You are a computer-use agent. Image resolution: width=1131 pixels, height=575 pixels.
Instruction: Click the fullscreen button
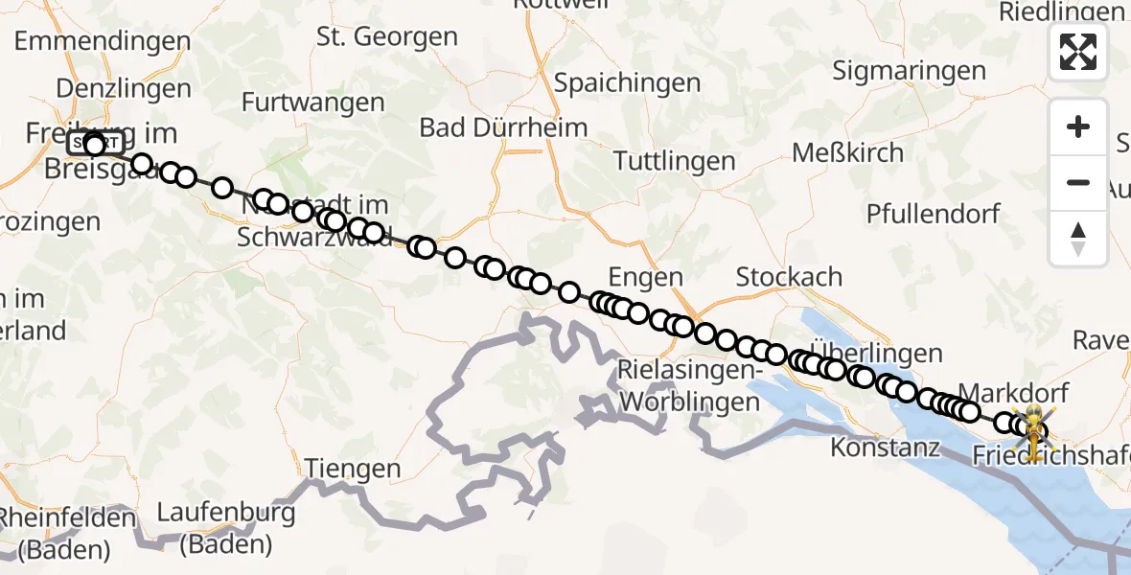(1078, 51)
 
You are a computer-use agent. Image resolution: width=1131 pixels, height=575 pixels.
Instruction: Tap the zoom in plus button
(1078, 126)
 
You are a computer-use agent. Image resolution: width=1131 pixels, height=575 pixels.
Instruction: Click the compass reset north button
(1078, 239)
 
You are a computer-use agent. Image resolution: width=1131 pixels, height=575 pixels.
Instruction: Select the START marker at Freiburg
(93, 145)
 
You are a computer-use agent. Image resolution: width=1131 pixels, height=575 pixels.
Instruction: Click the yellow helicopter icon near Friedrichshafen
(1035, 427)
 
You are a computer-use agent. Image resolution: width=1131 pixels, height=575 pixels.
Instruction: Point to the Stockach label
(789, 278)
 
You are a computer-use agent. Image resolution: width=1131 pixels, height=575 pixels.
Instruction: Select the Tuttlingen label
(675, 161)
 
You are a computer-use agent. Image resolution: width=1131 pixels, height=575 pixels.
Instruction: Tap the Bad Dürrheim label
(503, 127)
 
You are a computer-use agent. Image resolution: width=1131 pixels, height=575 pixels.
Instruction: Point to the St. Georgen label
(387, 37)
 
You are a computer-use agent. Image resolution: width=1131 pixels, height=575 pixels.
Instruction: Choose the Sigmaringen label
(909, 71)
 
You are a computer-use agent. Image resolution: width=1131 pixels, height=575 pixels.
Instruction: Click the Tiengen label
(353, 469)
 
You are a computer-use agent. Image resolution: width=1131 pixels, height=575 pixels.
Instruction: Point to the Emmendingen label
(103, 41)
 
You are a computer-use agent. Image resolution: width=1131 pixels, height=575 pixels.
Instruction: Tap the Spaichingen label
(628, 83)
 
